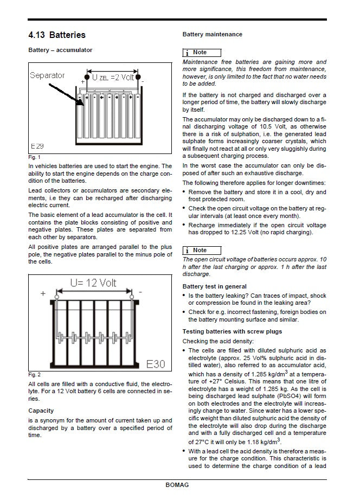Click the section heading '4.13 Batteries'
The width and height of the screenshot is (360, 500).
(57, 35)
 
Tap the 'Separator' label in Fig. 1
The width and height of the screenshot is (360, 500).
(47, 75)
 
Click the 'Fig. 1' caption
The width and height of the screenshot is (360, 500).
(34, 157)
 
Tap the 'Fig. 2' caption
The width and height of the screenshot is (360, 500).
(34, 375)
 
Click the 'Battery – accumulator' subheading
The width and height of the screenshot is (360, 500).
(60, 50)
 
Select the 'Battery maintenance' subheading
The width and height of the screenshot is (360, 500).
(212, 34)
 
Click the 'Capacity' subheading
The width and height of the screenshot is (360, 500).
(41, 411)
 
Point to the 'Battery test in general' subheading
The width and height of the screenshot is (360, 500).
(214, 286)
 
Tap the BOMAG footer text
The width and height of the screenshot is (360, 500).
(177, 485)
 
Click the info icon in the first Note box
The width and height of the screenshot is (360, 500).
(187, 53)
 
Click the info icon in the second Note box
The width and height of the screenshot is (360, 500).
(187, 250)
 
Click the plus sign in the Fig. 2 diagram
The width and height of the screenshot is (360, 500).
(43, 293)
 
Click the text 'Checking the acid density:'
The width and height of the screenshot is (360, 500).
(217, 341)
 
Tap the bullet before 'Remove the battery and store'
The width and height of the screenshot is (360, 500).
(184, 192)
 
